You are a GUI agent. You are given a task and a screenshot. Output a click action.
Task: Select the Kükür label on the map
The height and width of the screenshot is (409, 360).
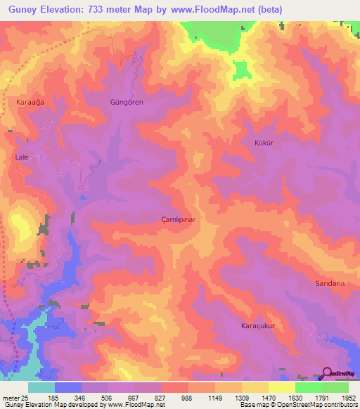pyautogui.click(x=262, y=143)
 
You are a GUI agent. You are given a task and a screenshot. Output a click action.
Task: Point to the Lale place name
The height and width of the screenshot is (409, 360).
pyautogui.click(x=21, y=157)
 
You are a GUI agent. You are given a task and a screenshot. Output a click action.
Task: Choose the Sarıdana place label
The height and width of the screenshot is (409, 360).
pyautogui.click(x=329, y=283)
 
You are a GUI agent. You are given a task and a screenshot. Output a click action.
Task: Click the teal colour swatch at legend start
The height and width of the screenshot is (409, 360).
pyautogui.click(x=41, y=387)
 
